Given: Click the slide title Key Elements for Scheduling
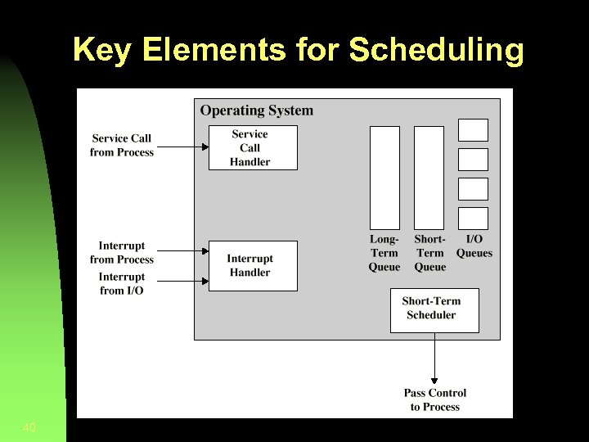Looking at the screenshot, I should coord(298,50).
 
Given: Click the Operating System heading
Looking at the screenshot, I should coord(256,110).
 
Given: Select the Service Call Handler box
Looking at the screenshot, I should coord(253,147).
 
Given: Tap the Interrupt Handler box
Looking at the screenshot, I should coord(253,266).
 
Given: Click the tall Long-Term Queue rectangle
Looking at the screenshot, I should coord(384,178).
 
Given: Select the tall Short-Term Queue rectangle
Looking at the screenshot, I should coord(429,178).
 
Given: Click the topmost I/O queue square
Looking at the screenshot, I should coord(473,130).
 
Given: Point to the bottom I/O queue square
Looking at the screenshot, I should coord(473,219).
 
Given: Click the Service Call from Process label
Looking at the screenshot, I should coord(122,145).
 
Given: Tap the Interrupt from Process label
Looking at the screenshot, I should coord(122,252).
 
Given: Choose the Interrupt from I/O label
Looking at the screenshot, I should coord(122,283).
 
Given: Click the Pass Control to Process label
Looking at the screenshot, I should coord(434,400).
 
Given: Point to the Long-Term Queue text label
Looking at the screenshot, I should coord(384,253).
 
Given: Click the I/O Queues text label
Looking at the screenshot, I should coord(474,246).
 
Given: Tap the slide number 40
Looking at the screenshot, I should coord(30,427).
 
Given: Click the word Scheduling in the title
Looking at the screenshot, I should coord(436,50).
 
